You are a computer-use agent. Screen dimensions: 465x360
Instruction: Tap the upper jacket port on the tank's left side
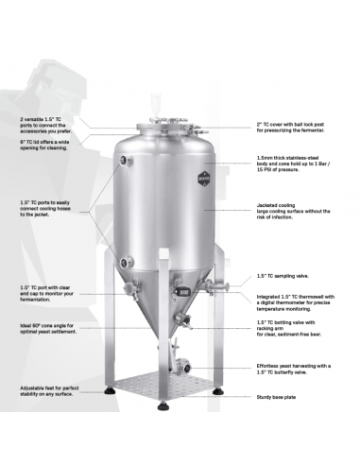(120, 162)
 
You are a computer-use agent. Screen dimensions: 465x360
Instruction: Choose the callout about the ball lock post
(297, 128)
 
